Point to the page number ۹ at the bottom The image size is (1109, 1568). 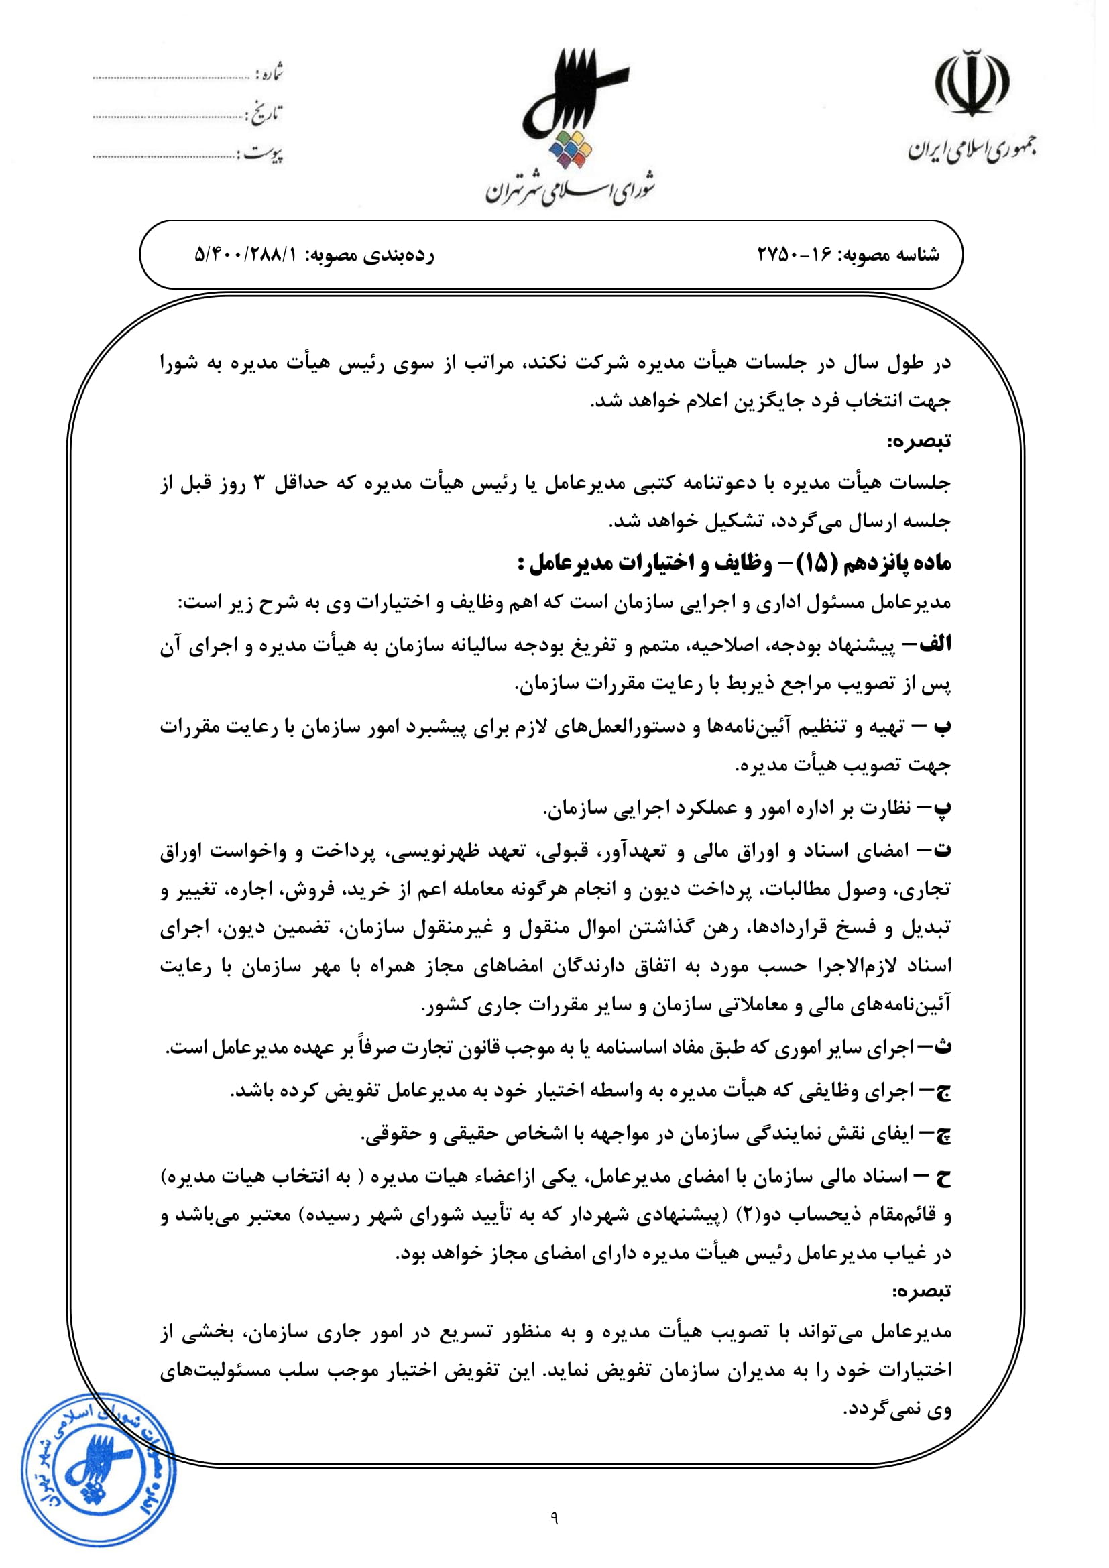(554, 1536)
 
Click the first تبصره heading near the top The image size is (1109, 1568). (919, 441)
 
